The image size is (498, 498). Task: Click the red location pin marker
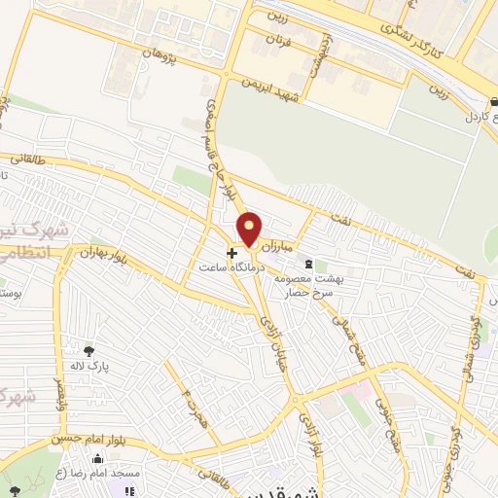click(x=250, y=229)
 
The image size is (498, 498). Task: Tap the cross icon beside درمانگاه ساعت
click(x=231, y=253)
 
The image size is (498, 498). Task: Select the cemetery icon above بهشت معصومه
click(x=309, y=264)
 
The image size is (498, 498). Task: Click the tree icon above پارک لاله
click(x=89, y=351)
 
